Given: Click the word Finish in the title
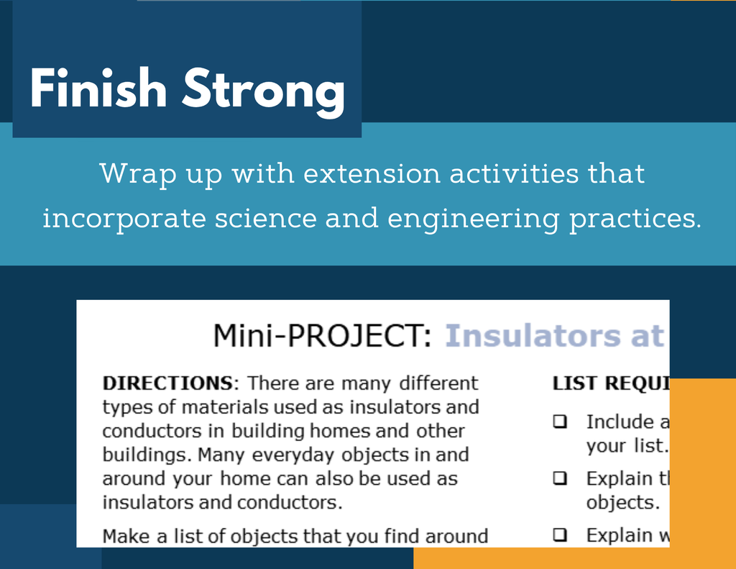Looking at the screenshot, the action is point(98,88).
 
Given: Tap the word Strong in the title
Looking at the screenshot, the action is point(264,91).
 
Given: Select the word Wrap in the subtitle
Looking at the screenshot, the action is point(138,174).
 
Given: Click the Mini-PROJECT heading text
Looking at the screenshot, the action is point(322,336).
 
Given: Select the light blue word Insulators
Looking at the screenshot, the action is point(533,336).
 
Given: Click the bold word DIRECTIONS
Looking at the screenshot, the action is point(168,383).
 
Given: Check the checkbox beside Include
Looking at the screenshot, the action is point(560,422).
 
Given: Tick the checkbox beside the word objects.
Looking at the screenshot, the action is point(560,478).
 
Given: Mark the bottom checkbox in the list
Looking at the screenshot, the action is point(560,534).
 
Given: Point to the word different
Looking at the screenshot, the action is point(438,383).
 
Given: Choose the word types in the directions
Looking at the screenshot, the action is point(127,408).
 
